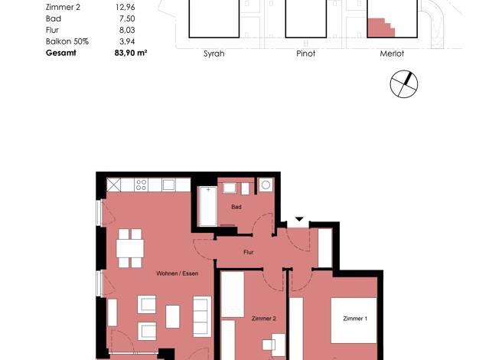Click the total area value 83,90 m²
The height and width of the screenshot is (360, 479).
click(x=131, y=53)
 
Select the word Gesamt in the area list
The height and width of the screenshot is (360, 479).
click(x=60, y=53)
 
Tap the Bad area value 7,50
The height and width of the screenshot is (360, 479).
click(x=127, y=18)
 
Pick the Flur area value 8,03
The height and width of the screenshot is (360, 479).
click(x=127, y=30)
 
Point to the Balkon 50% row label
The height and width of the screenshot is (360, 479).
click(x=67, y=41)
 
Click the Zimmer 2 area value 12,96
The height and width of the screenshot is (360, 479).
click(x=125, y=7)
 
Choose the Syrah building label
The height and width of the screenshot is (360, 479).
click(x=213, y=54)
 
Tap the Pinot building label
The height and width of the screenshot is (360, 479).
click(x=306, y=54)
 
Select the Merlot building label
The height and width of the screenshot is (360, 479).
click(x=392, y=54)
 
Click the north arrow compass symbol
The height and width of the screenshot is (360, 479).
click(x=404, y=84)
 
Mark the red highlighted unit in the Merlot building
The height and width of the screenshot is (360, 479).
click(x=380, y=28)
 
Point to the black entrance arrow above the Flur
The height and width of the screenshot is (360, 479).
click(x=299, y=219)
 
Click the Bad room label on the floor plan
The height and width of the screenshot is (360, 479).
click(x=236, y=207)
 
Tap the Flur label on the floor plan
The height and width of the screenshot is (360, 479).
click(x=249, y=252)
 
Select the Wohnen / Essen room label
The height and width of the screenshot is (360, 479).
click(x=178, y=273)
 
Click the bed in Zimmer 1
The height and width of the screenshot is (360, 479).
click(x=354, y=320)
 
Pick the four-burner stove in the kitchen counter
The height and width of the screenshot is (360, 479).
click(x=141, y=185)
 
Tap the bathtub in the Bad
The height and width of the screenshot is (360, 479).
click(x=207, y=207)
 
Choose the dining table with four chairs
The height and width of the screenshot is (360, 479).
click(x=130, y=248)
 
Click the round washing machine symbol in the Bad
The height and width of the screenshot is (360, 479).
click(x=266, y=185)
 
